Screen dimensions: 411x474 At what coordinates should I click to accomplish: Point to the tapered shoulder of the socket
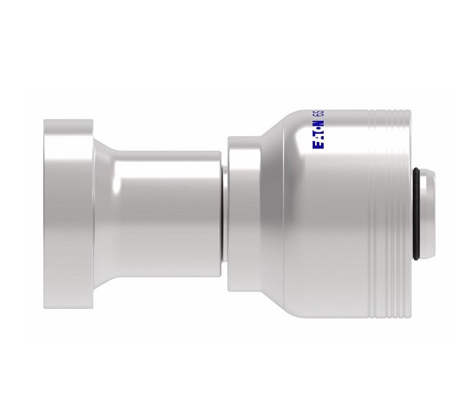pyautogui.click(x=278, y=137)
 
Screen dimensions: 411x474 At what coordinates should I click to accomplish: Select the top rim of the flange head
pyautogui.click(x=69, y=122)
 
